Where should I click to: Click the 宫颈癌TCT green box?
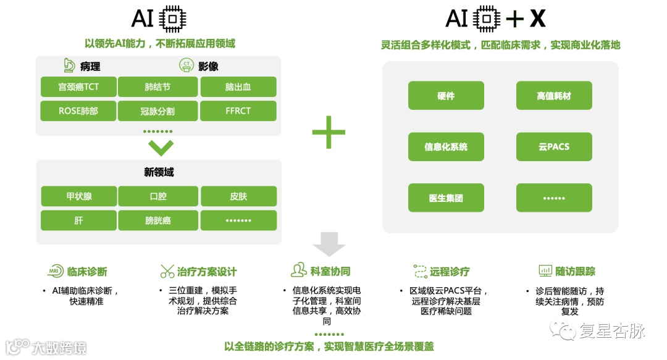(x=78, y=87)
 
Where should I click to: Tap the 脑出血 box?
(x=238, y=87)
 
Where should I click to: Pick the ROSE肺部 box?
(x=78, y=111)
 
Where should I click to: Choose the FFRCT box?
(x=238, y=111)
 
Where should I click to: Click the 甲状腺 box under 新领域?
(x=78, y=196)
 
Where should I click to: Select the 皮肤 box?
(x=238, y=196)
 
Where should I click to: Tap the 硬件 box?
(x=446, y=96)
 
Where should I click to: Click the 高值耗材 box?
(x=554, y=96)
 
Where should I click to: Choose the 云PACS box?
(x=554, y=147)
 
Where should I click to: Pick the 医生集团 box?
(x=446, y=198)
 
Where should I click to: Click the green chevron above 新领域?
(x=161, y=148)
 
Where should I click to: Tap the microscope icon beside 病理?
(x=69, y=65)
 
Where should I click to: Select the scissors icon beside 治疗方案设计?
(x=167, y=271)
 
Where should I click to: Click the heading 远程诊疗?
(x=449, y=271)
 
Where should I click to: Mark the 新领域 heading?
(x=159, y=172)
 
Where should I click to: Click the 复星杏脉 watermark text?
(x=611, y=331)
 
